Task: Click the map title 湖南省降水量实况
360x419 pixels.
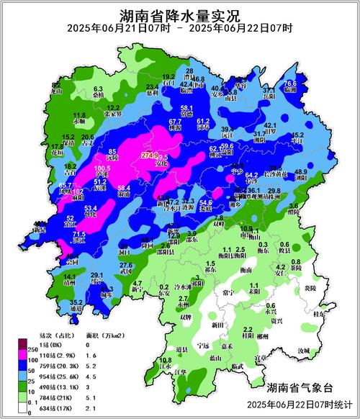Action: [x=180, y=15]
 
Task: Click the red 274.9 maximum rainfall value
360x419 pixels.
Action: [x=150, y=156]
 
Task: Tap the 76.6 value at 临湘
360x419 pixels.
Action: [x=289, y=84]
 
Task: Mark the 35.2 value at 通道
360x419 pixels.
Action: [x=76, y=303]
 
